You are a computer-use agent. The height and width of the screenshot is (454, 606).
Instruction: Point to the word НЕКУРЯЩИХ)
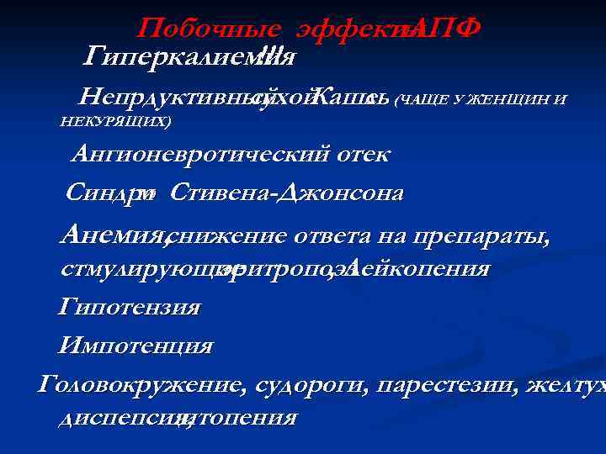116,122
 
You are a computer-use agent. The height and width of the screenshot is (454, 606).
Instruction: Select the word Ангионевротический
209,154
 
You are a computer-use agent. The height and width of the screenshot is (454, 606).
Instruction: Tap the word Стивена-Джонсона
286,193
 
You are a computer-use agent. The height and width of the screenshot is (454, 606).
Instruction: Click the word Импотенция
135,346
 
